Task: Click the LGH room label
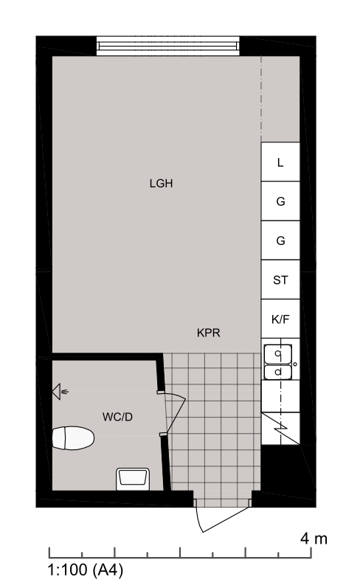pos(161,184)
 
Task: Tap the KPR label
pos(209,333)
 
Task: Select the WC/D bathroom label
pos(117,417)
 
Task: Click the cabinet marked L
pos(280,162)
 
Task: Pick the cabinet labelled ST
pos(280,280)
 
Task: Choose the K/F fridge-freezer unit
pos(280,319)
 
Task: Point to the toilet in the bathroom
pos(73,437)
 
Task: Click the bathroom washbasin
pos(133,479)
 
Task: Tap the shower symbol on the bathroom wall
pos(60,392)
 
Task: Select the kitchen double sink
pos(278,362)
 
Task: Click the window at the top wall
pos(167,46)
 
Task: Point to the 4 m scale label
pos(314,539)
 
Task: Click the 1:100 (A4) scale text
pos(85,570)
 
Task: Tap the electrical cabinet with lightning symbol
pos(280,428)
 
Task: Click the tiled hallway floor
pos(212,423)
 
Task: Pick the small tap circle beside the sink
pos(295,364)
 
